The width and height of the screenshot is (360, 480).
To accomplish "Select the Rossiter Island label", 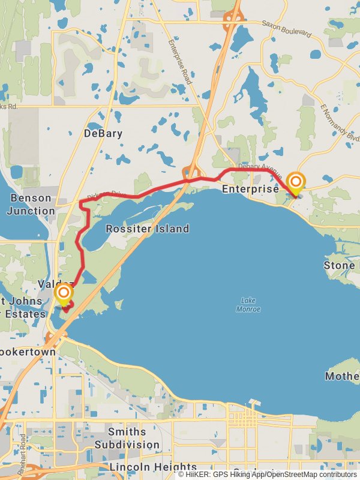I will tap(147, 229).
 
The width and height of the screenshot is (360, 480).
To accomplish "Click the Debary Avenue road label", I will tap(259, 167).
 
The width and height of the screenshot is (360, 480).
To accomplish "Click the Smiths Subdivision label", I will tap(127, 439).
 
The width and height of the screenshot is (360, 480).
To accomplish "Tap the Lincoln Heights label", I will tap(153, 467).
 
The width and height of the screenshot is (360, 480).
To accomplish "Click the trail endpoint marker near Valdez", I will tap(64, 293).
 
